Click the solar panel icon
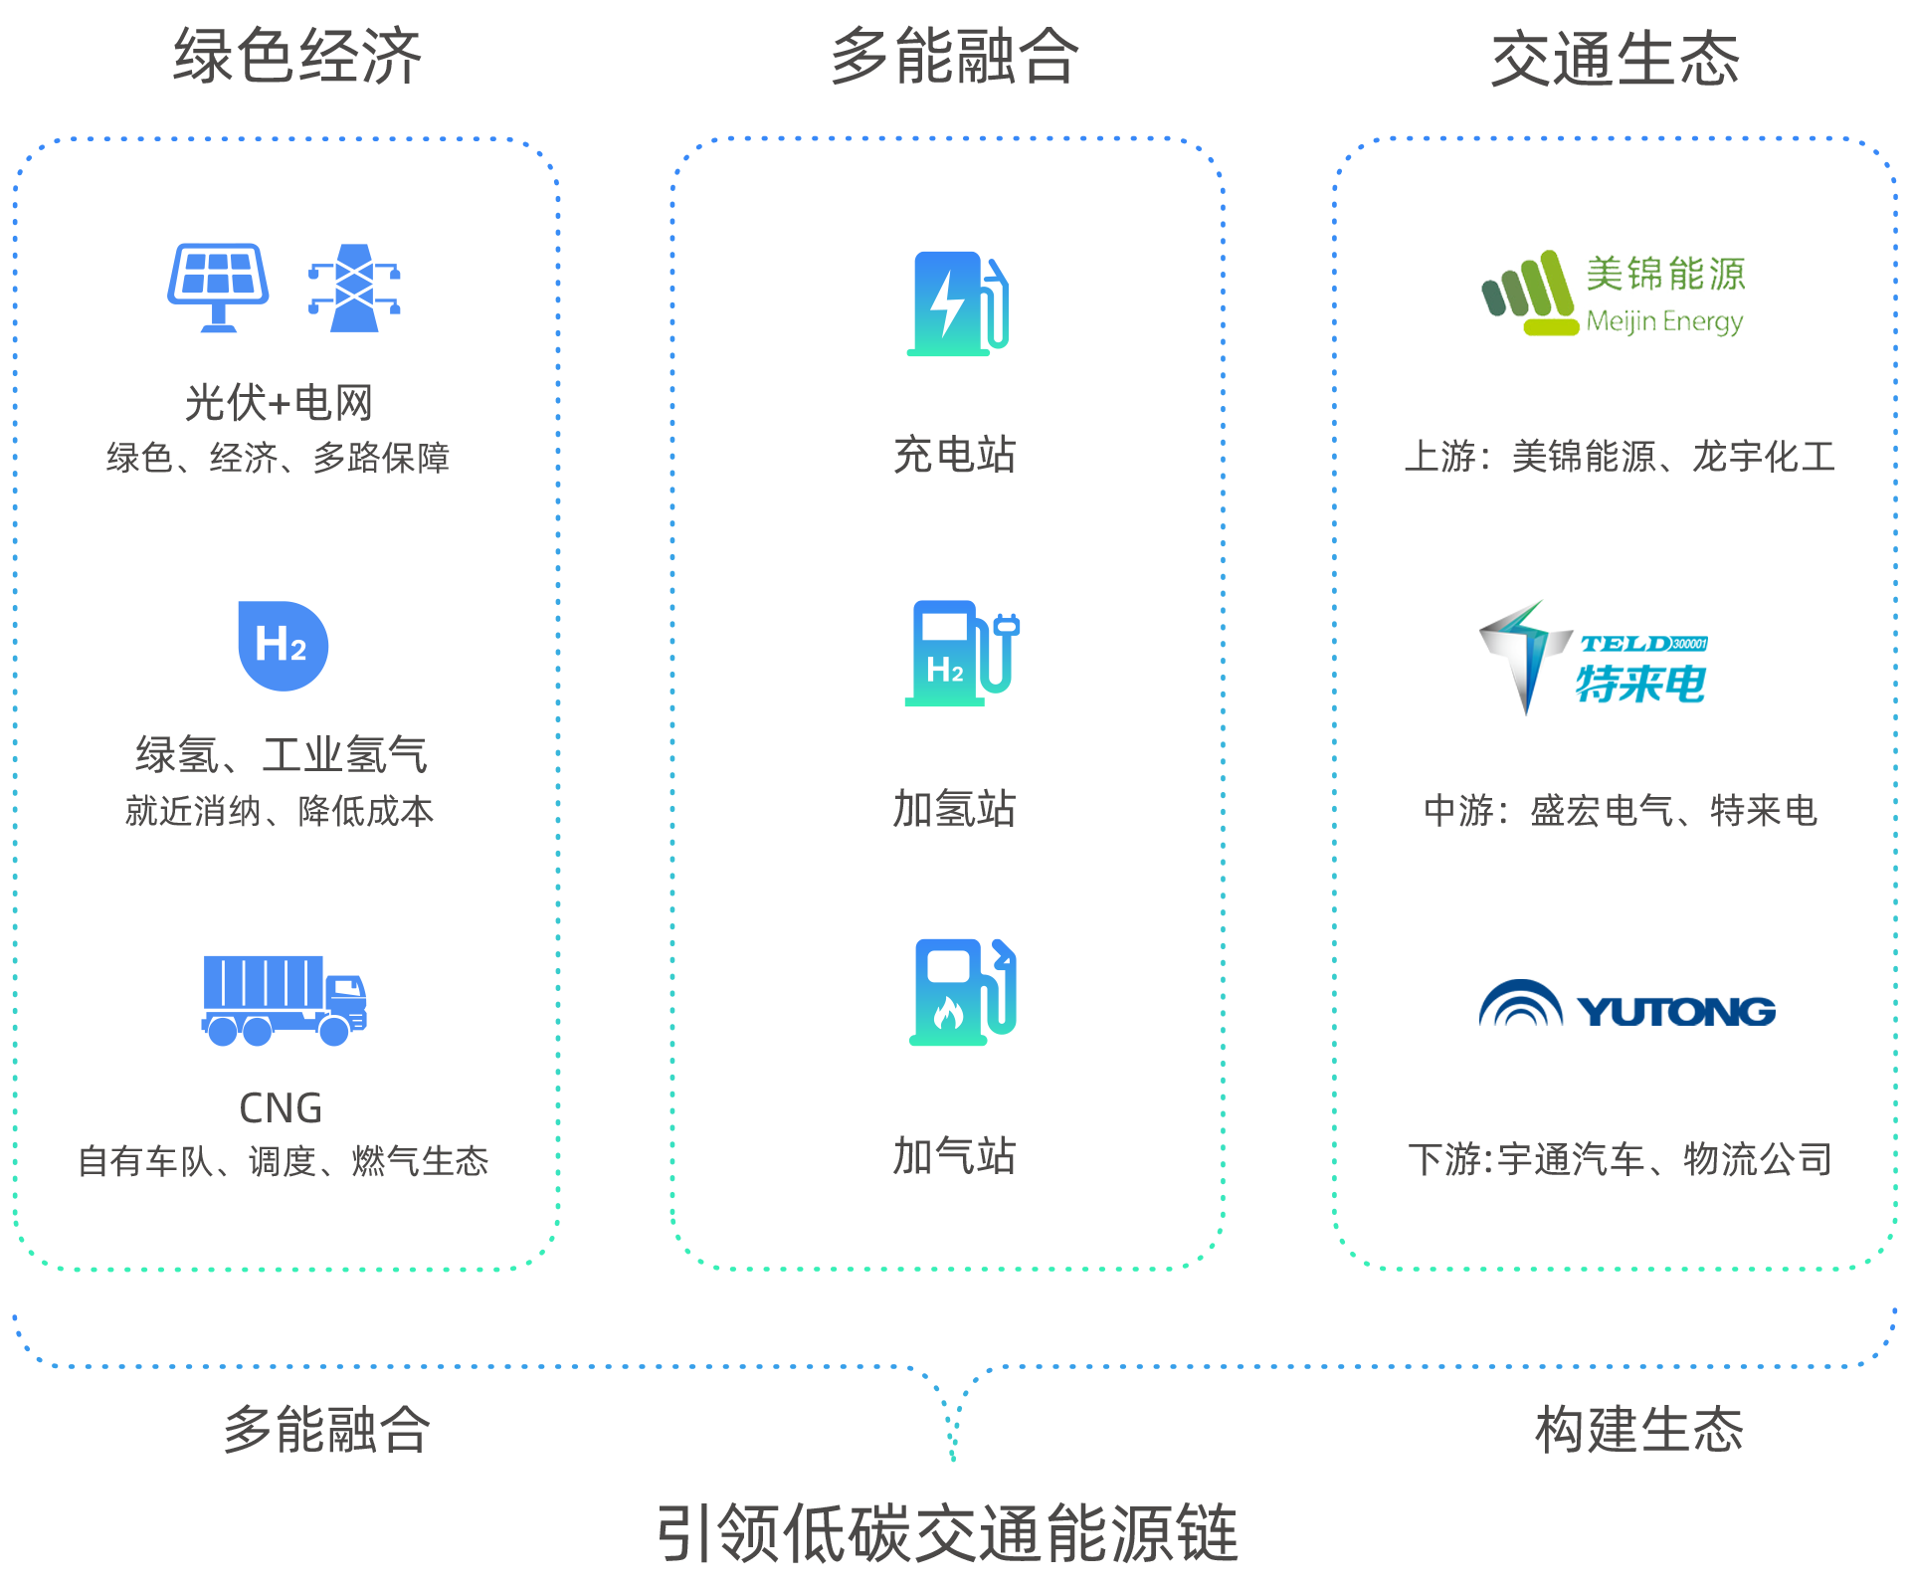tap(218, 288)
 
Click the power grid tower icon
tap(354, 288)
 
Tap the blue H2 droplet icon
tap(284, 646)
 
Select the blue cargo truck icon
tap(285, 1000)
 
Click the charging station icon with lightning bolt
tap(958, 303)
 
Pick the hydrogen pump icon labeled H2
tap(962, 653)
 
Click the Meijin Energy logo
tap(1614, 294)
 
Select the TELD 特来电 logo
tap(1594, 658)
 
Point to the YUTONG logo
tap(1627, 1004)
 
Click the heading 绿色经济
tap(297, 56)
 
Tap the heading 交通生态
tap(1616, 59)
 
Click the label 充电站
tap(954, 455)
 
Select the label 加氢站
tap(954, 808)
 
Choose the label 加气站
tap(954, 1156)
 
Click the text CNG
tap(281, 1108)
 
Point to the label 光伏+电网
tap(279, 403)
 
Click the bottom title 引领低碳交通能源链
tap(947, 1533)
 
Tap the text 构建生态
tap(1639, 1430)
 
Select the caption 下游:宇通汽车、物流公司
tap(1621, 1159)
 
